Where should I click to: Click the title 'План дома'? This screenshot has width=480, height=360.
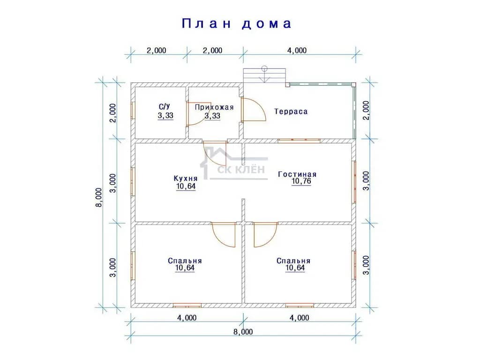tap(237, 23)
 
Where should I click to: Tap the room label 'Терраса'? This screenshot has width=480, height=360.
tap(291, 112)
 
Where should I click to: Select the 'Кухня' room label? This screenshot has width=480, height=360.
tap(186, 178)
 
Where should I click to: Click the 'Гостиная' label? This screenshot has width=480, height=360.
tap(297, 174)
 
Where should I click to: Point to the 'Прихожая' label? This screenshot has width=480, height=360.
tap(214, 107)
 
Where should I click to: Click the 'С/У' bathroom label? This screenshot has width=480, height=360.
tap(165, 106)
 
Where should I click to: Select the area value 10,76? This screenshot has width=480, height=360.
tap(301, 181)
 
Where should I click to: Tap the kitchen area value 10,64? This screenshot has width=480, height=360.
tap(186, 187)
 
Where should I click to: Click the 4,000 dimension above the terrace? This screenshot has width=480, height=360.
tap(297, 51)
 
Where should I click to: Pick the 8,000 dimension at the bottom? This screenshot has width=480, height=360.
tap(243, 332)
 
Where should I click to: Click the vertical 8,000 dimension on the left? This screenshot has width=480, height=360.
tap(99, 197)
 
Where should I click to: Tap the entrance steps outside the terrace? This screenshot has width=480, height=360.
tap(264, 75)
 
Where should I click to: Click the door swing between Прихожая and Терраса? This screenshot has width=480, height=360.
tap(254, 109)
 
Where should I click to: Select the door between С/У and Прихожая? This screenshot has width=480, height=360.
tap(199, 114)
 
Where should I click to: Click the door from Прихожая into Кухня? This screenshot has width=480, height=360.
tap(215, 154)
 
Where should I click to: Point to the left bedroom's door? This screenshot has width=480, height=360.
tap(224, 235)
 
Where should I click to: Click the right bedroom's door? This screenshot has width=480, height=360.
tap(266, 235)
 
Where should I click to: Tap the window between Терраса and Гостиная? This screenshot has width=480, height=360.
tap(299, 141)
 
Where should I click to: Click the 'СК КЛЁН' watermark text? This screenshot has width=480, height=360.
tap(241, 169)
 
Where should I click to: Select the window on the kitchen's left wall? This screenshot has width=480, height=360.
tap(133, 182)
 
